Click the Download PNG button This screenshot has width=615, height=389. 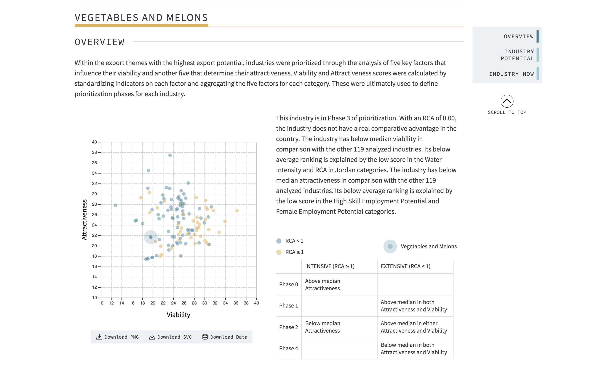coord(117,337)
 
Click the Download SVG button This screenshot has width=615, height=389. coord(170,337)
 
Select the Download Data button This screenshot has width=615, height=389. coord(225,337)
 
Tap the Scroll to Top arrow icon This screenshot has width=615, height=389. coord(507,101)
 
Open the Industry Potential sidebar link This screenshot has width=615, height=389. coord(517,55)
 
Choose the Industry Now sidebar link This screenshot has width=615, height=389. coord(511,74)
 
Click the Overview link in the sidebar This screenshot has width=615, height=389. coord(518,37)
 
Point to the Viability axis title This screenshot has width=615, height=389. coord(178,315)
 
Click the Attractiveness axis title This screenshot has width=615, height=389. coord(84,220)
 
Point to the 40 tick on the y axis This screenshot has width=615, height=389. coord(94,142)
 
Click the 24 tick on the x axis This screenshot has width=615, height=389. coord(174,303)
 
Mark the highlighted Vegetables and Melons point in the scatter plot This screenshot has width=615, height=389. coord(151,237)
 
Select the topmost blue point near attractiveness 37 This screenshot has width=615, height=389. coord(170,155)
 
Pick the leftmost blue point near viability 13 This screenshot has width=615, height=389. coord(115,206)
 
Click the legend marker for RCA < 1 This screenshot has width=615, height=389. coord(279,241)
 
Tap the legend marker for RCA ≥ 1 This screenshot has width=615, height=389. coord(279,252)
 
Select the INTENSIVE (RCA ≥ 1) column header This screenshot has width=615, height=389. coord(330,266)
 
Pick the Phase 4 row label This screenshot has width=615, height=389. coord(289,348)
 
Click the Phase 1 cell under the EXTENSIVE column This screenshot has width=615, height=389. coord(414,306)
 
